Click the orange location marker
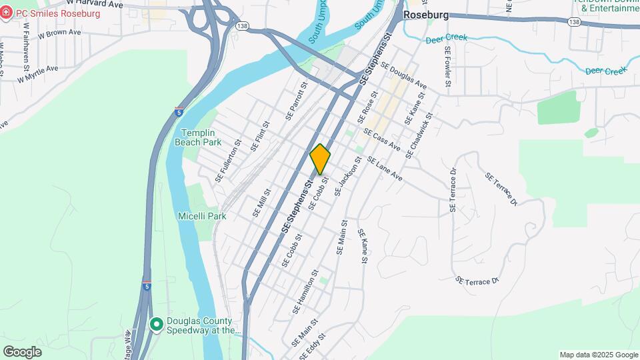coord(320,159)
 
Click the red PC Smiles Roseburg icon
coord(7,13)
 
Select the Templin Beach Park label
coord(197,137)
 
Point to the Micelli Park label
coord(202,216)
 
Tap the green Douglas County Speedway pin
coord(157,325)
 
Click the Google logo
coord(22,351)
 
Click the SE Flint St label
coord(259,136)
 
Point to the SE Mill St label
coord(259,201)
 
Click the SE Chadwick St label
coord(419,135)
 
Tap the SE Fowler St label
coord(442,67)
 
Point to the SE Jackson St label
coord(348,176)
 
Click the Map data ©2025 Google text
coord(598,355)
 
